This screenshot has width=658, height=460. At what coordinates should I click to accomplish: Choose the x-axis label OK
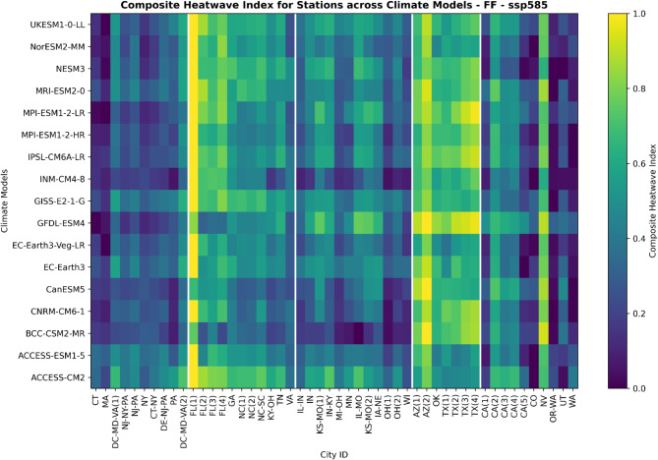coord(438,399)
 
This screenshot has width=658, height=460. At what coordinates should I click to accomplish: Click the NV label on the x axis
coord(544,399)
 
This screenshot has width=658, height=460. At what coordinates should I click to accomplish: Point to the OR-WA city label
coord(555,406)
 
